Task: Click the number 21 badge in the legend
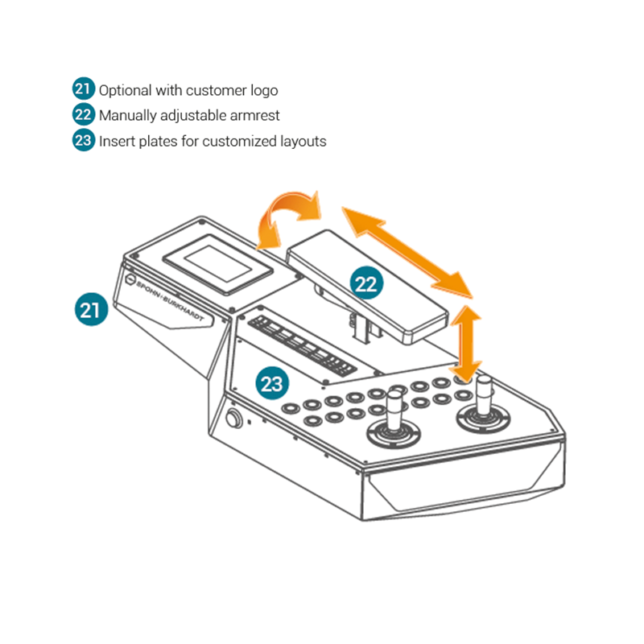tap(84, 89)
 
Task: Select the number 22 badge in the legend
tap(84, 115)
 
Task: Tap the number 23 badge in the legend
tap(84, 141)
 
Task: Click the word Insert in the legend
tap(117, 142)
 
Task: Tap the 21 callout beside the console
tap(91, 308)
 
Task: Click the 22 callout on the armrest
tap(365, 283)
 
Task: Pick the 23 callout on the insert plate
tap(272, 382)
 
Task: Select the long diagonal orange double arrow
tap(406, 250)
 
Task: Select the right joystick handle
tap(486, 395)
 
